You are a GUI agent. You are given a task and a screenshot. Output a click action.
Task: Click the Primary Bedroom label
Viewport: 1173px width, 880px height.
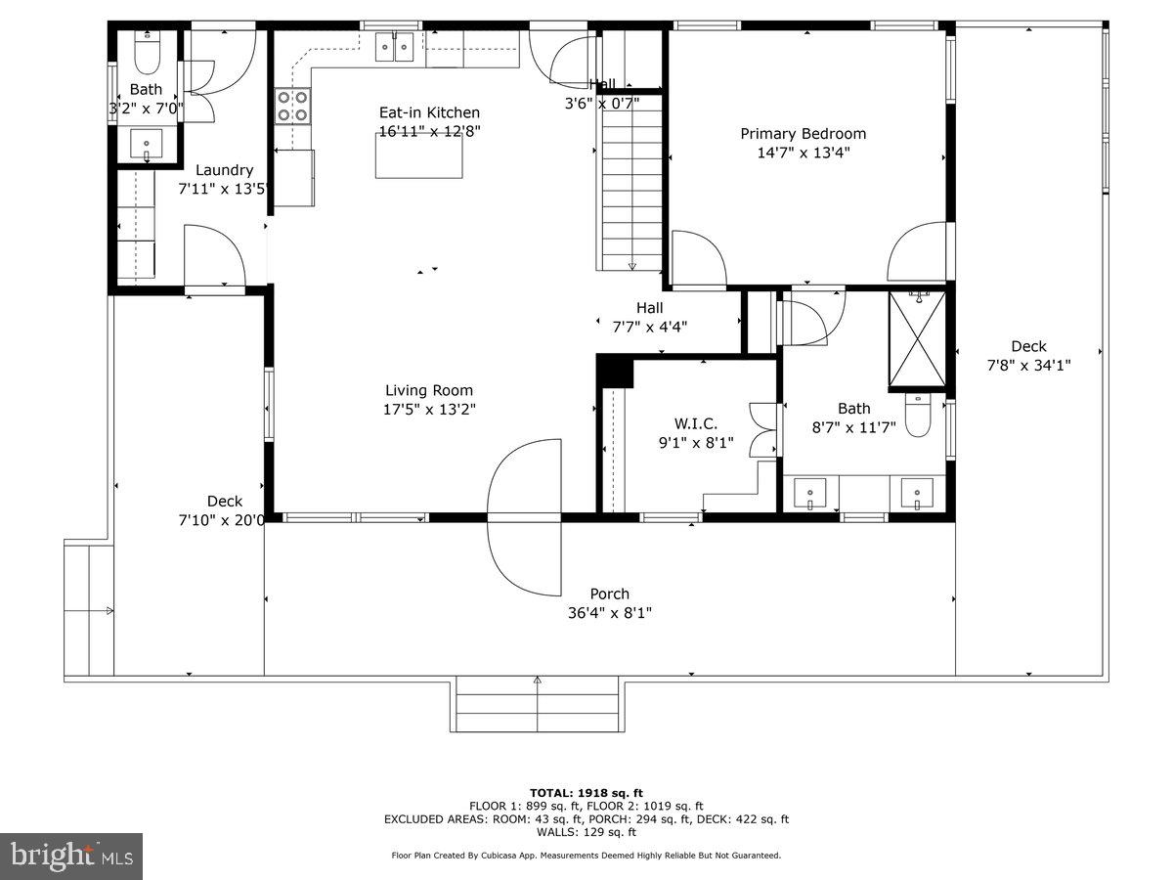point(803,134)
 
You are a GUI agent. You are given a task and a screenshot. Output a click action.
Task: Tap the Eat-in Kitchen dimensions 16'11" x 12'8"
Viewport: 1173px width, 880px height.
point(429,131)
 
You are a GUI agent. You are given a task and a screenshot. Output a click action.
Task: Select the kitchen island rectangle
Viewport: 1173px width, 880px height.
point(419,156)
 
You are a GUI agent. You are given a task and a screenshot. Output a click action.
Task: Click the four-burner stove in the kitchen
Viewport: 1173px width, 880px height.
point(291,106)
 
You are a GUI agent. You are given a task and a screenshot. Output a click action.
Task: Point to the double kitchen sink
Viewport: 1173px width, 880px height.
point(398,46)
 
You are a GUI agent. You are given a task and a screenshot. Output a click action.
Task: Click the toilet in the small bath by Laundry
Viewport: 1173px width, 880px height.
point(147,55)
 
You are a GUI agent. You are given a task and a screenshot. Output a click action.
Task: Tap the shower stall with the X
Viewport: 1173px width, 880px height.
point(917,339)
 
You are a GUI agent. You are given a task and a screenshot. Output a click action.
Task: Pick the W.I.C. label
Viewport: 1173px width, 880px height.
point(696,423)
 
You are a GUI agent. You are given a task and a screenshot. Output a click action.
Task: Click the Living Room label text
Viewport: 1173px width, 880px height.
point(428,390)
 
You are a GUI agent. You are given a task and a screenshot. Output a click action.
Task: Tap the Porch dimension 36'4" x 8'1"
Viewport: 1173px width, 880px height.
point(609,613)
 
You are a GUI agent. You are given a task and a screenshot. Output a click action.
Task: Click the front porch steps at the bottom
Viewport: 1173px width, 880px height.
point(537,706)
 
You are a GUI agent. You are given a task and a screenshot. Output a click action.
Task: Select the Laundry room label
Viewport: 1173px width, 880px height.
point(224,170)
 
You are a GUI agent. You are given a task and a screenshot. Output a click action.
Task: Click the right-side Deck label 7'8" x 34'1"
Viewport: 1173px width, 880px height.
point(1027,346)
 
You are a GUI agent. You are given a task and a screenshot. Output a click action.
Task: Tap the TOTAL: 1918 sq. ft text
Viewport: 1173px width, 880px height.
point(586,792)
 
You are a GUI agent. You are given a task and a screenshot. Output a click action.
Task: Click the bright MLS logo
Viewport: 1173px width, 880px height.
point(71,857)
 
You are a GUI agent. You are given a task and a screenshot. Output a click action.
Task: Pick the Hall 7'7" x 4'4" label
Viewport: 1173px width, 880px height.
point(649,308)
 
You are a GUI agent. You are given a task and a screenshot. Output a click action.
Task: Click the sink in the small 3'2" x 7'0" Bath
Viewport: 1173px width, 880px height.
point(148,143)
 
